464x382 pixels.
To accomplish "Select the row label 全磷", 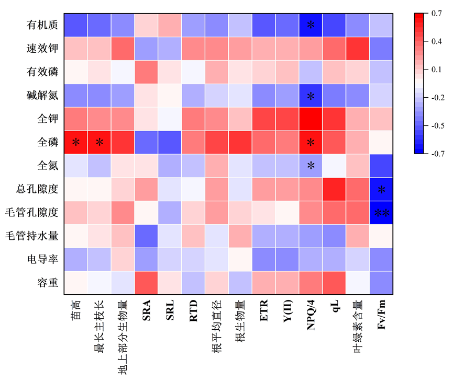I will point(47,142).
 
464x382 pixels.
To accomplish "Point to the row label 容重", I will point(47,284).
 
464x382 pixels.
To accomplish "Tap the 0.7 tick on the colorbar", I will point(436,13).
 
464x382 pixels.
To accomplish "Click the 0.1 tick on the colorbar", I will point(436,69).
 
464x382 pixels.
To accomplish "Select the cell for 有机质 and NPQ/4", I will point(311,24).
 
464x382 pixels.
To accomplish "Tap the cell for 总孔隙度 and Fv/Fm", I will point(382,189).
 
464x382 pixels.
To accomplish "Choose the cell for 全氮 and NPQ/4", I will point(311,166).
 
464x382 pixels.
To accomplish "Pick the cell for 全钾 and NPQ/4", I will point(311,119).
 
